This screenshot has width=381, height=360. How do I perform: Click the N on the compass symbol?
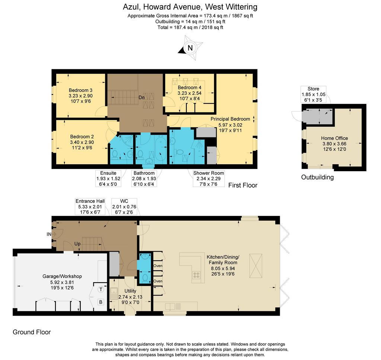pyautogui.click(x=190, y=48)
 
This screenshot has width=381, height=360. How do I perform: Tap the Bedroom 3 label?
pyautogui.click(x=80, y=90)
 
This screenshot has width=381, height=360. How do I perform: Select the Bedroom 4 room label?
pyautogui.click(x=189, y=87)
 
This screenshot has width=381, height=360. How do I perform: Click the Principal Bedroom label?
pyautogui.click(x=230, y=119)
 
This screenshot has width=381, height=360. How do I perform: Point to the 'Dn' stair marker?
pyautogui.click(x=141, y=98)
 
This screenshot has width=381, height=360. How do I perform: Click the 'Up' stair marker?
pyautogui.click(x=77, y=244)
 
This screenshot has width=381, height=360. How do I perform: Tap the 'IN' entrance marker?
pyautogui.click(x=49, y=234)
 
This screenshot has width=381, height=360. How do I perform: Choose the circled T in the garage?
pyautogui.click(x=100, y=290)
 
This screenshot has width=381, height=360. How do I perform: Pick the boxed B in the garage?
pyautogui.click(x=100, y=302)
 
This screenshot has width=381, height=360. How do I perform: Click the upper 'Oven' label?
pyautogui.click(x=158, y=266)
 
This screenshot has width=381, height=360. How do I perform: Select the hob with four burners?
pyautogui.click(x=196, y=275)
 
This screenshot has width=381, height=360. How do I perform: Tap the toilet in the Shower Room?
pyautogui.click(x=179, y=152)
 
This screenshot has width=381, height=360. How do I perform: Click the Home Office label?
pyautogui.click(x=334, y=138)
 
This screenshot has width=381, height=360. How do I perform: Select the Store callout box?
pyautogui.click(x=313, y=94)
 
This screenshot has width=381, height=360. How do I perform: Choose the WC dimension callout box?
pyautogui.click(x=124, y=207)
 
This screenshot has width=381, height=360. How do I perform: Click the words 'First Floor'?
pyautogui.click(x=243, y=185)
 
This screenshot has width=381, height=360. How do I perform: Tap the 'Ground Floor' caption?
pyautogui.click(x=32, y=332)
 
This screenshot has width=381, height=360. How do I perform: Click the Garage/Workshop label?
pyautogui.click(x=62, y=276)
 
